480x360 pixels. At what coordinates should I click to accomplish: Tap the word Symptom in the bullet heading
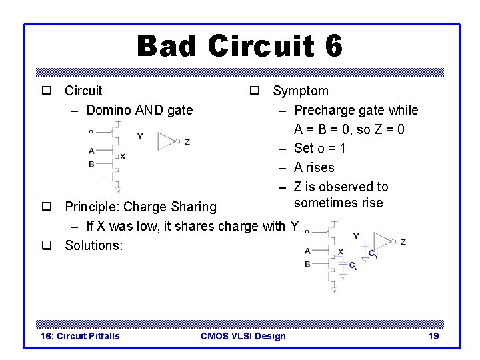click(x=300, y=91)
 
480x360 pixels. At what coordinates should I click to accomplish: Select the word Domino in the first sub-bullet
click(x=110, y=110)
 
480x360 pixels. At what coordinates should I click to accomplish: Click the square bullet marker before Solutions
click(x=47, y=245)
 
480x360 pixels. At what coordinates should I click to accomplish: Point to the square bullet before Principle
click(x=47, y=207)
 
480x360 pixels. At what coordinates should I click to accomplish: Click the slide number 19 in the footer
click(x=433, y=336)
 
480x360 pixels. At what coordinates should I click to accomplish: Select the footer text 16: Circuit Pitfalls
click(x=80, y=336)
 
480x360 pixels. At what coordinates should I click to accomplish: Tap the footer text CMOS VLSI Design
click(x=243, y=336)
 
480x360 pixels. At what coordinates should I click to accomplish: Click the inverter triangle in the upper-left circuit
click(x=167, y=141)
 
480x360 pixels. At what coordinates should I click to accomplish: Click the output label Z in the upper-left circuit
click(x=187, y=142)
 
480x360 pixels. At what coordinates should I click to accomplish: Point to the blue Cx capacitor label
click(x=353, y=266)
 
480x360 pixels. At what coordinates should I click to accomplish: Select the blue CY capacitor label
click(x=373, y=253)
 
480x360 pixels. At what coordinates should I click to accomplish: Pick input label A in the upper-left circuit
click(x=91, y=151)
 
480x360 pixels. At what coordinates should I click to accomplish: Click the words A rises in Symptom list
click(x=314, y=167)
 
